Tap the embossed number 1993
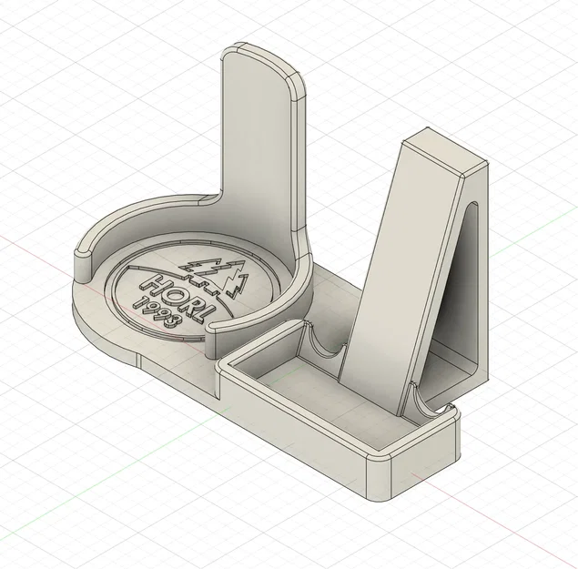coord(157,312)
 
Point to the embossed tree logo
coord(214,275)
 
